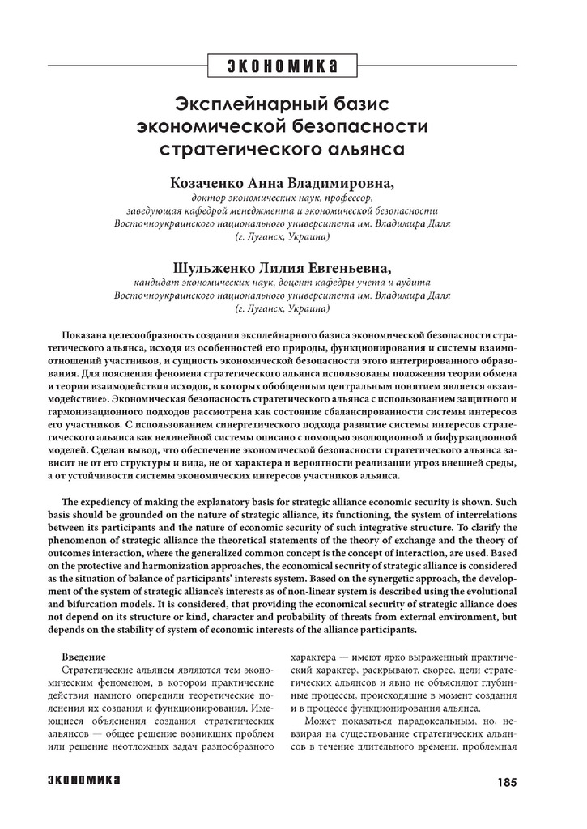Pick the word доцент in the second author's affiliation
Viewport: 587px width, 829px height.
pyautogui.click(x=307, y=283)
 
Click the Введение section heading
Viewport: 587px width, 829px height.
pyautogui.click(x=84, y=659)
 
